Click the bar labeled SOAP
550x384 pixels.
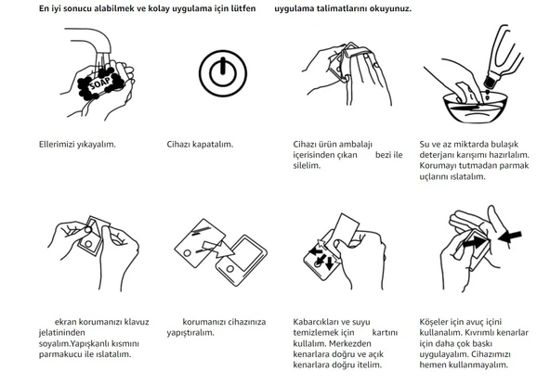pos(101,83)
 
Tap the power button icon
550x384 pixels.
pos(223,73)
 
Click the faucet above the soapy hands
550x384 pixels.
pos(92,42)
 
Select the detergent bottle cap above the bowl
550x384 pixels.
pos(490,83)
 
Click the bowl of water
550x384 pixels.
pos(475,108)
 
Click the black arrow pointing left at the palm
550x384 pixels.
pos(510,237)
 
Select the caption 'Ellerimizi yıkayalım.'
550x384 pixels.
pos(77,144)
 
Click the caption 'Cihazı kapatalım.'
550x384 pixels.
pos(200,144)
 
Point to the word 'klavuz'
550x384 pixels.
pos(137,322)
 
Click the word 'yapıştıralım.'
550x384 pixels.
pos(190,333)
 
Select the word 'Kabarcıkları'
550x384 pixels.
pos(315,322)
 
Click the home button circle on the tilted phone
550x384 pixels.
pos(230,269)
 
